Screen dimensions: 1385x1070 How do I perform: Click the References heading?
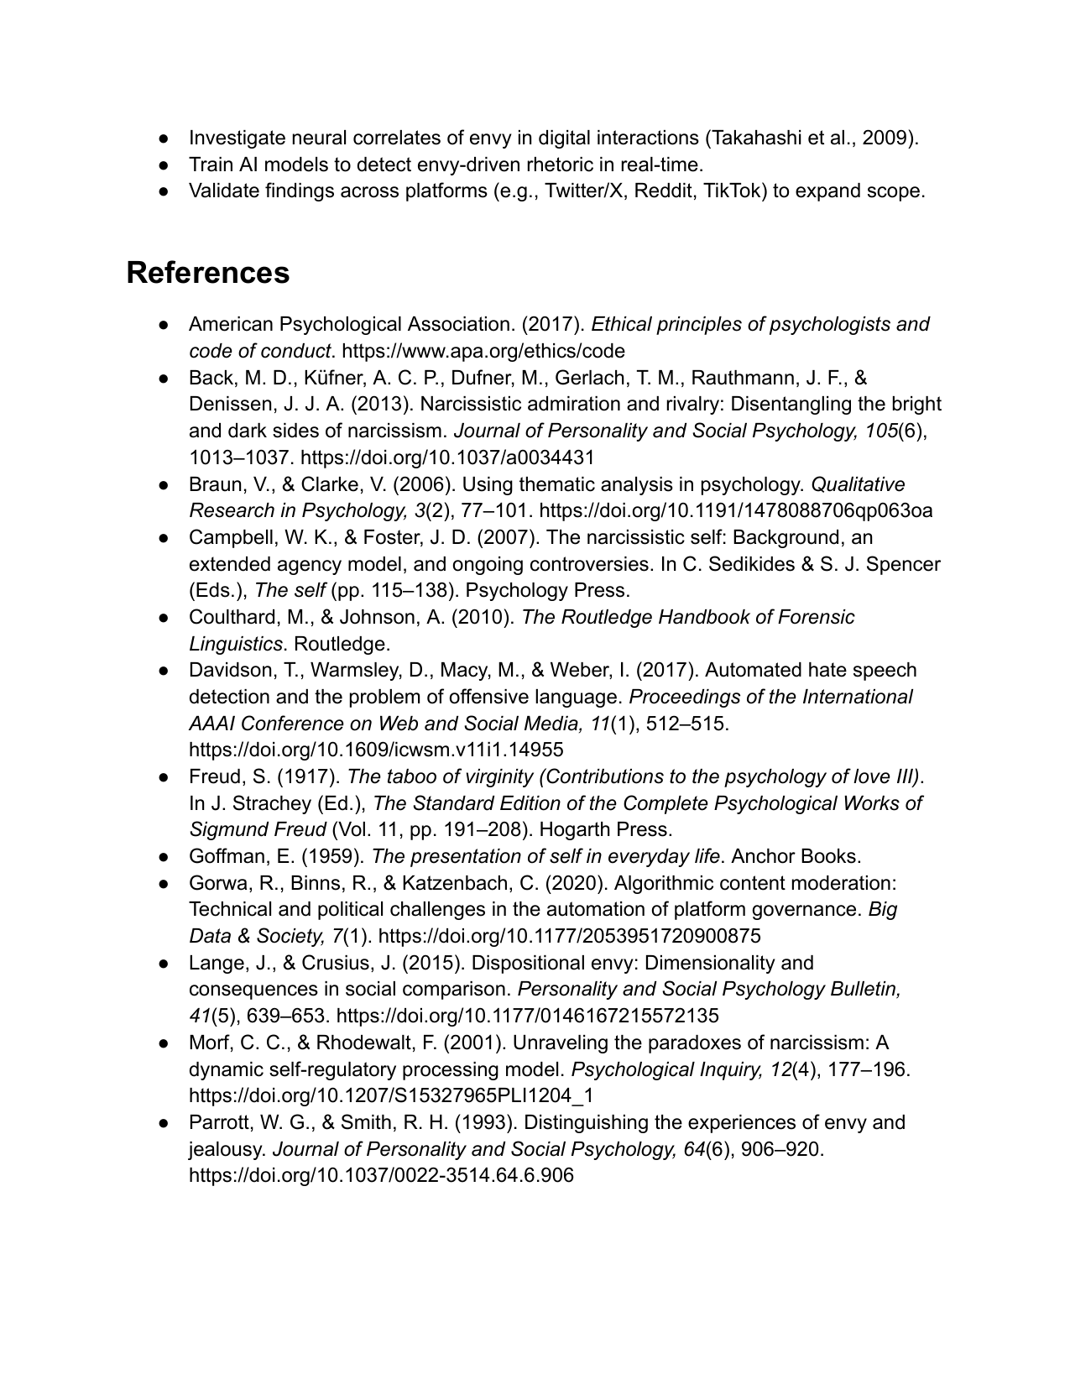[x=208, y=273]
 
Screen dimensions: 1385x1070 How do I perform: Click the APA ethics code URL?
[x=483, y=351]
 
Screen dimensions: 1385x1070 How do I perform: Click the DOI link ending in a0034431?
[x=447, y=457]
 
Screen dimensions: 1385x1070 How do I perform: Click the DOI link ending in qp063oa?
[x=735, y=510]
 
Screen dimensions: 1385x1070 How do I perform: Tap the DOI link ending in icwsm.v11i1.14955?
[x=376, y=750]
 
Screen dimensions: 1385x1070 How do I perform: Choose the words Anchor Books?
[x=796, y=857]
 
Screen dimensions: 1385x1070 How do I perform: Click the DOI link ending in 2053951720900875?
[x=570, y=936]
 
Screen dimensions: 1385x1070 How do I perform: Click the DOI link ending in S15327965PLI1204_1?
[x=391, y=1095]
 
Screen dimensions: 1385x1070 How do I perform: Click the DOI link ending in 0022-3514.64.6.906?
[x=381, y=1175]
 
